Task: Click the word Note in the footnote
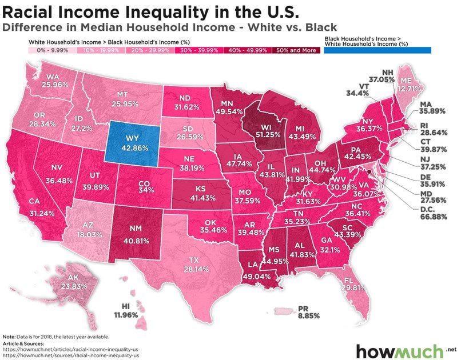click(9, 337)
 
